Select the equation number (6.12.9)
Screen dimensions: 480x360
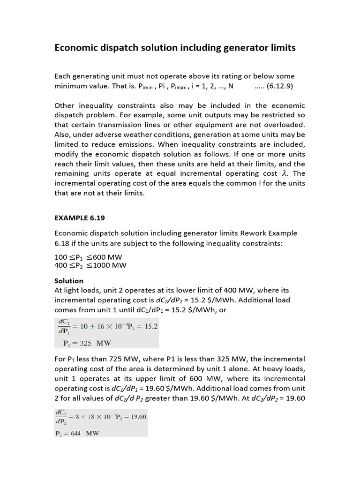[281, 87]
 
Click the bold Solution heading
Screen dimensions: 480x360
[69, 281]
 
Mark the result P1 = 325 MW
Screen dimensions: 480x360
[87, 343]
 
